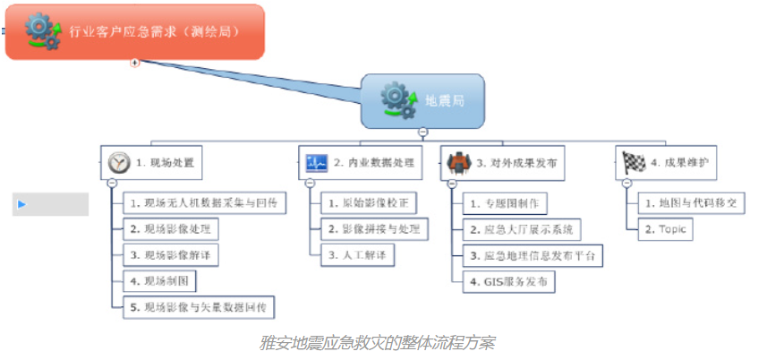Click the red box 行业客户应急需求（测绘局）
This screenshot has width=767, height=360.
(x=134, y=31)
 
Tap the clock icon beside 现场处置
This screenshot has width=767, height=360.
(x=118, y=163)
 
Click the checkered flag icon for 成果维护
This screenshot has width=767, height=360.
(x=634, y=163)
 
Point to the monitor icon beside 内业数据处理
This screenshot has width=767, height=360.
(x=317, y=163)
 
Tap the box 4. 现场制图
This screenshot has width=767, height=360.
(x=158, y=281)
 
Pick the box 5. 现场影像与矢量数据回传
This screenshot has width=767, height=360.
(x=198, y=307)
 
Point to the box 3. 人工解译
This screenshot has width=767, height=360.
(x=355, y=255)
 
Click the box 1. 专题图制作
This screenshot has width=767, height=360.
(x=503, y=203)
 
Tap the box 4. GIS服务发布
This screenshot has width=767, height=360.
(x=507, y=281)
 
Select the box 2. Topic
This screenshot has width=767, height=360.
(x=666, y=229)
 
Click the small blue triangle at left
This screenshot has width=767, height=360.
(x=21, y=204)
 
